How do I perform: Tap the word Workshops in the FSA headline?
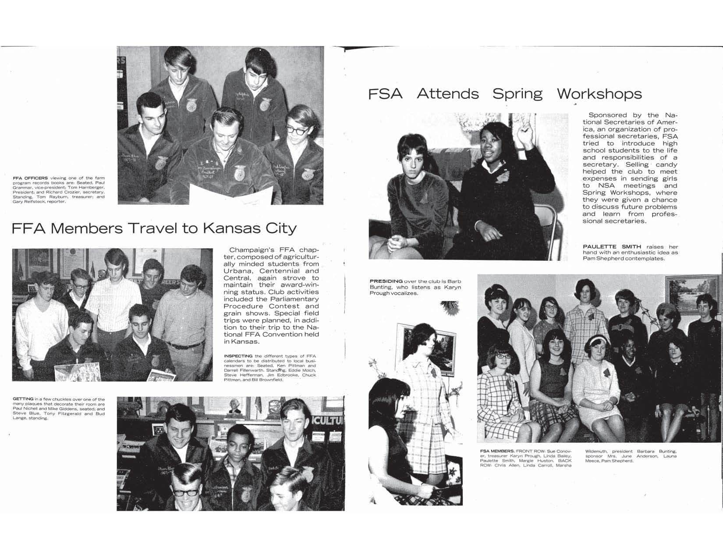click(x=599, y=94)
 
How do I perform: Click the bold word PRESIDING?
click(x=385, y=281)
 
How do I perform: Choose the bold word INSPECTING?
click(x=238, y=356)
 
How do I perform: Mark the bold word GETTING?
click(x=23, y=399)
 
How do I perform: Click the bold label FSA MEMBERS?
click(x=497, y=451)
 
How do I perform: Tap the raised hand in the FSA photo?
click(x=523, y=131)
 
